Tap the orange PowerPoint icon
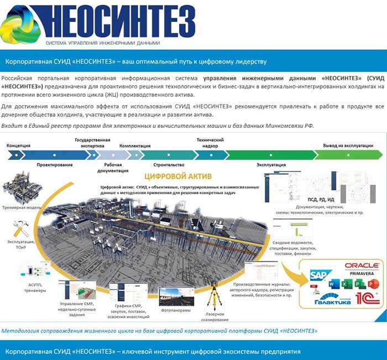click(x=358, y=284)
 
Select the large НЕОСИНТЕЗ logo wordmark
click(x=119, y=21)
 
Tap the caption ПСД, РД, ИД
click(x=321, y=199)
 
